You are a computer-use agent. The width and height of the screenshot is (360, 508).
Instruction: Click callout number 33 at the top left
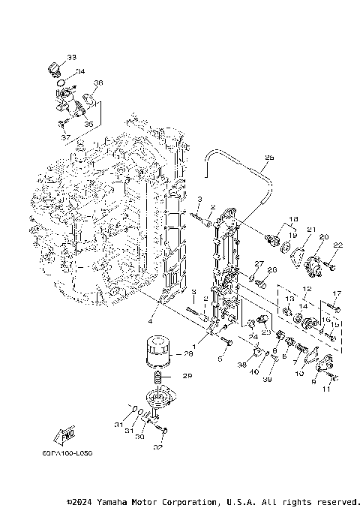coord(71,57)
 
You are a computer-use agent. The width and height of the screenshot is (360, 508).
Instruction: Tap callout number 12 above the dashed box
coord(306,289)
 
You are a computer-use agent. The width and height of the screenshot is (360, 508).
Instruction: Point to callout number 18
coord(292,218)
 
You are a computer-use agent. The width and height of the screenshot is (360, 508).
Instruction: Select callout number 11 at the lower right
coord(325,390)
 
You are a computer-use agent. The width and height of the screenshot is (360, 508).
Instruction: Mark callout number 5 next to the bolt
coord(220,359)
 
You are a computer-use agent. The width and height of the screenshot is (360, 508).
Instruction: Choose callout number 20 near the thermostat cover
coord(324,237)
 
